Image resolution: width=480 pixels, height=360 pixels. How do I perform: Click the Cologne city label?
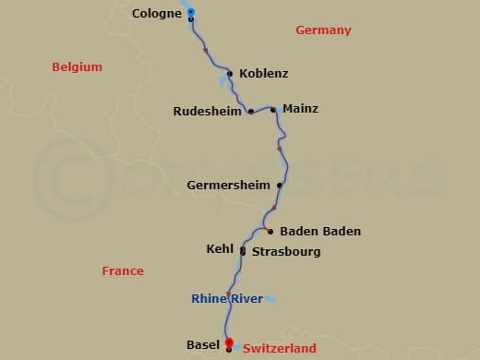(157, 14)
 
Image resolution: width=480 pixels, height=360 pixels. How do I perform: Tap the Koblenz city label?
(263, 74)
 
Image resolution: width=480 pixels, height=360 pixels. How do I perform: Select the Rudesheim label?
(208, 112)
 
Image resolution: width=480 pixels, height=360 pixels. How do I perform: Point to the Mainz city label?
(300, 109)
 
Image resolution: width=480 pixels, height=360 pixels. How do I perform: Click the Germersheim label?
(228, 185)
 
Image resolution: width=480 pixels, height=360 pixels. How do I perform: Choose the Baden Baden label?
(319, 231)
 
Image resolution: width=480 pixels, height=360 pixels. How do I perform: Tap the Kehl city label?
(221, 249)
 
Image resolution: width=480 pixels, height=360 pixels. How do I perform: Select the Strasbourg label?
(286, 251)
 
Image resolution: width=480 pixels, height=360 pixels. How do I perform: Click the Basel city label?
(202, 345)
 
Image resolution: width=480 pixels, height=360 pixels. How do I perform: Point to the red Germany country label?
(323, 30)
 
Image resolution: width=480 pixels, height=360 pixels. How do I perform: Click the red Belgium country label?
(77, 67)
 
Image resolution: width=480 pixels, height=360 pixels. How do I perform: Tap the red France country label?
(123, 271)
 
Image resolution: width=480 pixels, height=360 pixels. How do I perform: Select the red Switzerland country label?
(280, 349)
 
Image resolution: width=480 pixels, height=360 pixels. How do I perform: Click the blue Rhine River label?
(226, 298)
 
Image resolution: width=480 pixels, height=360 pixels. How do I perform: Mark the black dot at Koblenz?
(230, 73)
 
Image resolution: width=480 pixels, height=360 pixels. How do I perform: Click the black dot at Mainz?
(273, 110)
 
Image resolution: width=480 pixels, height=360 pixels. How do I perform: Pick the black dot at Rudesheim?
(251, 112)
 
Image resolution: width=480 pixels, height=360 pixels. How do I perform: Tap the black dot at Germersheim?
(279, 185)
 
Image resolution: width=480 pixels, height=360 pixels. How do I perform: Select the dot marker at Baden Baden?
(270, 231)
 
